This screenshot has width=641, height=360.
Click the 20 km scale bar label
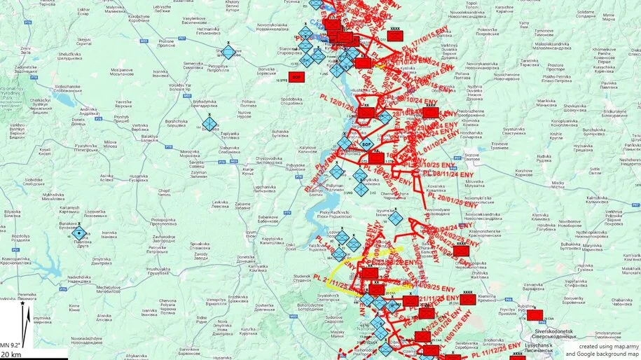tap(11, 355)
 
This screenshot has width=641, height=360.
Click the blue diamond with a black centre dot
tap(80, 234)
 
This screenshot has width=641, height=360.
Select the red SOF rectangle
tap(296, 76)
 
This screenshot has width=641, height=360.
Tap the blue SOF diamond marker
tap(366, 144)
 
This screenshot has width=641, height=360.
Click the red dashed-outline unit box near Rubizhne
tap(535, 314)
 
